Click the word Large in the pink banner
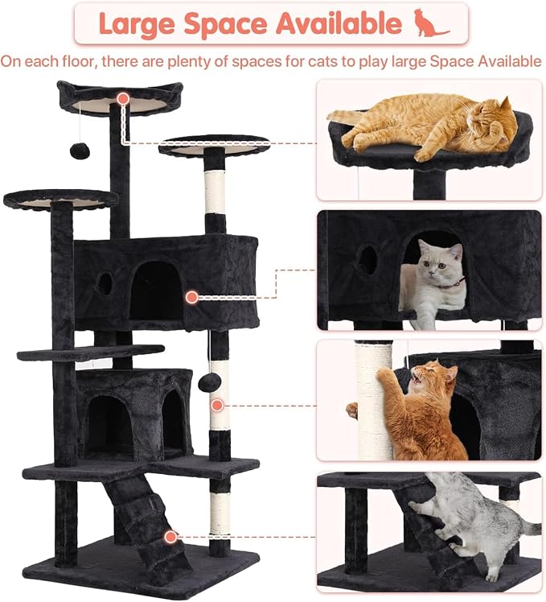[x=137, y=24]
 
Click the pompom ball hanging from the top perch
[x=80, y=150]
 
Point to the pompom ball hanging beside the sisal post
[x=210, y=382]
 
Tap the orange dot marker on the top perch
[x=123, y=99]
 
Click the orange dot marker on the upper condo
[x=192, y=297]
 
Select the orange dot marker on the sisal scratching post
[x=218, y=405]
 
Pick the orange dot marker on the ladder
[x=170, y=537]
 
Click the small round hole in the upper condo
[x=105, y=283]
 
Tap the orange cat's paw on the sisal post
[x=385, y=374]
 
